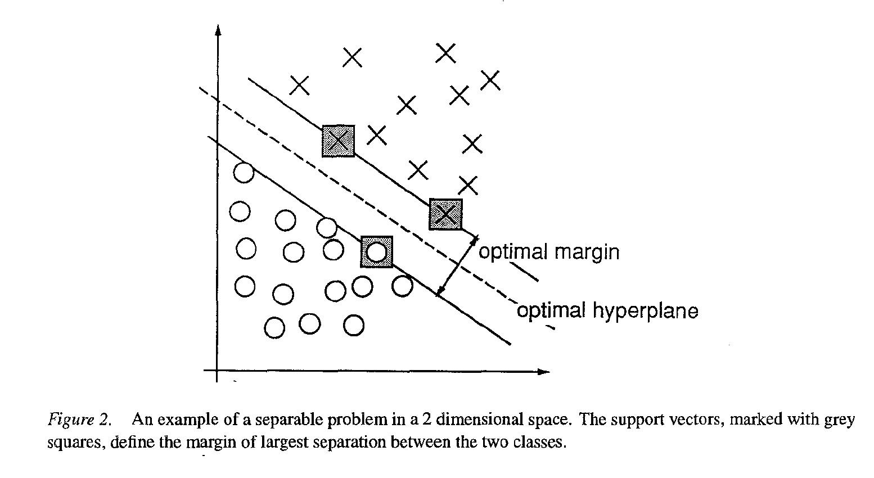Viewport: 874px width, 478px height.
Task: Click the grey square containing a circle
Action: tap(376, 252)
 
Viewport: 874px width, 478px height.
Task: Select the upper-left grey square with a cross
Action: tap(338, 141)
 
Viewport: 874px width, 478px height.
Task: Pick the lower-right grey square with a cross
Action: tap(445, 214)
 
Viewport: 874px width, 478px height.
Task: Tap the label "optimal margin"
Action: tap(548, 251)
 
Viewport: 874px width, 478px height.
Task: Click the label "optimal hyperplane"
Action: tap(607, 311)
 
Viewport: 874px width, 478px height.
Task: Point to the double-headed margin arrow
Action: tap(457, 265)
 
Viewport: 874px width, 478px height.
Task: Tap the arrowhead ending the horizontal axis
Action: tap(543, 371)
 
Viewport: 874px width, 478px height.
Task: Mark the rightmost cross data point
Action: tap(490, 80)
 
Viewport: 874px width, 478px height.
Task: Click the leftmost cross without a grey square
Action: tap(299, 85)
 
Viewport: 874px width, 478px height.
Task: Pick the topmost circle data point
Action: tap(244, 172)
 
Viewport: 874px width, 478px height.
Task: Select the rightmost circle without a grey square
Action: tap(402, 286)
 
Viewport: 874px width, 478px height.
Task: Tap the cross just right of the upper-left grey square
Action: tap(377, 135)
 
